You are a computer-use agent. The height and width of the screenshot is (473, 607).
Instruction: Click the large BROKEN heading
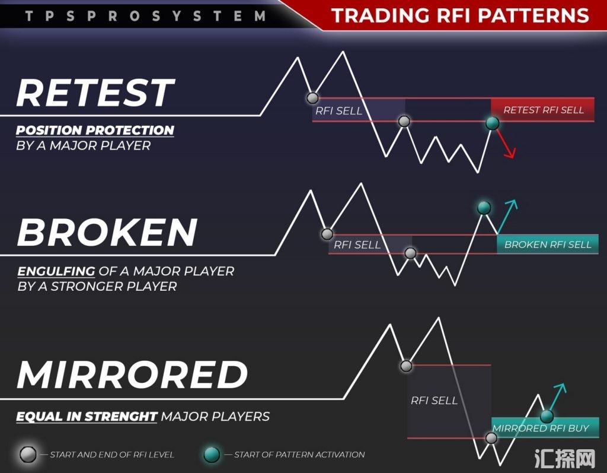(107, 232)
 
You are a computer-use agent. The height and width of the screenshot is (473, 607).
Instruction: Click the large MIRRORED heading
(132, 374)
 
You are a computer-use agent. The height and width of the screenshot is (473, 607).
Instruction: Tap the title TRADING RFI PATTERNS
(460, 15)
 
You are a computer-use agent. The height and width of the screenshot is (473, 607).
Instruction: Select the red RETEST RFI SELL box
(543, 110)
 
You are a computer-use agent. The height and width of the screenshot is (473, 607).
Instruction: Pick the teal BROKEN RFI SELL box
(548, 245)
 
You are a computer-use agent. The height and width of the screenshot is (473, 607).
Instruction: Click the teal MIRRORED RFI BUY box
(545, 428)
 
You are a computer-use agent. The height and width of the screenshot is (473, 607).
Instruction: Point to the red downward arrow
(506, 144)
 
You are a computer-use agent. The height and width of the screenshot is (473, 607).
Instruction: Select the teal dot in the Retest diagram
(492, 123)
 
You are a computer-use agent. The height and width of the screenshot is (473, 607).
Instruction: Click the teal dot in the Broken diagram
(484, 208)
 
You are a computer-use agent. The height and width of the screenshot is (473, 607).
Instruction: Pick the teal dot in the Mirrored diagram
(547, 417)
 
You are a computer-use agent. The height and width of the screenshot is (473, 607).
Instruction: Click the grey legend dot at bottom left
(28, 454)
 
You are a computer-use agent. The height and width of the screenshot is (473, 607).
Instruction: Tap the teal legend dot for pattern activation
(212, 454)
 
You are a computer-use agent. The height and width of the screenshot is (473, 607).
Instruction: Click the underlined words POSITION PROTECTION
(95, 131)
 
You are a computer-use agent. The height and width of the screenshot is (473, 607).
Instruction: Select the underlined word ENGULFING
(56, 271)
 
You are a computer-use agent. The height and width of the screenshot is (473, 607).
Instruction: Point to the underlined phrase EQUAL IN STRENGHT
(87, 417)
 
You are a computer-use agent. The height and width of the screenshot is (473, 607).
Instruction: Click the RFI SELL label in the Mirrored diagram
(434, 400)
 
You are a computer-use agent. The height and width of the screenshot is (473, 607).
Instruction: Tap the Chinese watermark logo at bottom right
(565, 459)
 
